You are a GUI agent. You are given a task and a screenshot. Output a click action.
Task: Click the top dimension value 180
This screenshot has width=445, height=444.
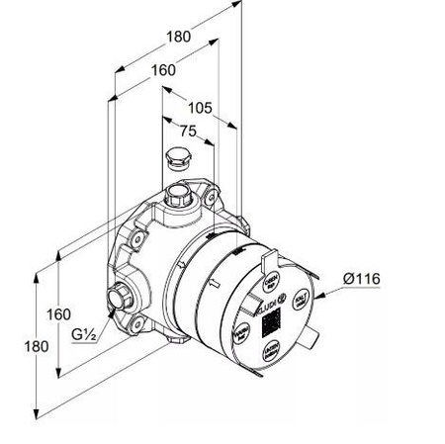click(178, 37)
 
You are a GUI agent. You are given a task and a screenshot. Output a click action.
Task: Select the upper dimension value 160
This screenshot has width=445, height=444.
click(164, 70)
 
